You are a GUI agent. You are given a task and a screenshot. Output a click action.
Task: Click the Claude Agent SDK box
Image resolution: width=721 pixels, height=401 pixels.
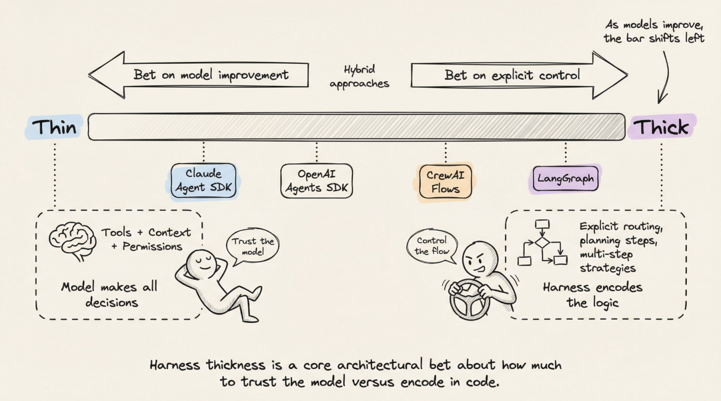coord(203,180)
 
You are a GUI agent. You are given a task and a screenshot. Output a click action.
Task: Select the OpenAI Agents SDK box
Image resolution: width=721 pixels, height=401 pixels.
coord(317,181)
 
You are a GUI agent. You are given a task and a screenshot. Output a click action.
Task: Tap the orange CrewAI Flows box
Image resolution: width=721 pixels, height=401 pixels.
coord(445,182)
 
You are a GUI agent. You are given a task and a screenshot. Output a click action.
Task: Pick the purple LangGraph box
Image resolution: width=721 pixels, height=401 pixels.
coord(565,179)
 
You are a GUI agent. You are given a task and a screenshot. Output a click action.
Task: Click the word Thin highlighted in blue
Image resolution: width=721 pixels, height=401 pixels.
coord(54,127)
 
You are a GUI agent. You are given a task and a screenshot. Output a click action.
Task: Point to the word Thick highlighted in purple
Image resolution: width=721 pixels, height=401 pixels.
coord(661,127)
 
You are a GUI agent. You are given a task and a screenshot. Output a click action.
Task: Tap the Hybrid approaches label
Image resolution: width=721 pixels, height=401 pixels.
coord(359,77)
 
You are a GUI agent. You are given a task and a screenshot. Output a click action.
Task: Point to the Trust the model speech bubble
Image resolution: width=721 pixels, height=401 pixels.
coord(253,246)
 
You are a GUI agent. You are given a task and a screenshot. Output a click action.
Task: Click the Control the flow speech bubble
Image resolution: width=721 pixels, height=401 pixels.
coord(432,246)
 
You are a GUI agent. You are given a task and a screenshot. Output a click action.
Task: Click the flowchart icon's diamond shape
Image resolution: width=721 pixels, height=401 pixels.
coord(542,243)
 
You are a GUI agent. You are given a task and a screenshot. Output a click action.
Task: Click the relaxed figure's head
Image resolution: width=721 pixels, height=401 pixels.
coord(202,263)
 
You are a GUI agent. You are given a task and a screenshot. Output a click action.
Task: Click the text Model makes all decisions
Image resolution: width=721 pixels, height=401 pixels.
coord(110,294)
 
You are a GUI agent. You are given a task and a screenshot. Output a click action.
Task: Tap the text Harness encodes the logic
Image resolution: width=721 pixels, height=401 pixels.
coord(593,294)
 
